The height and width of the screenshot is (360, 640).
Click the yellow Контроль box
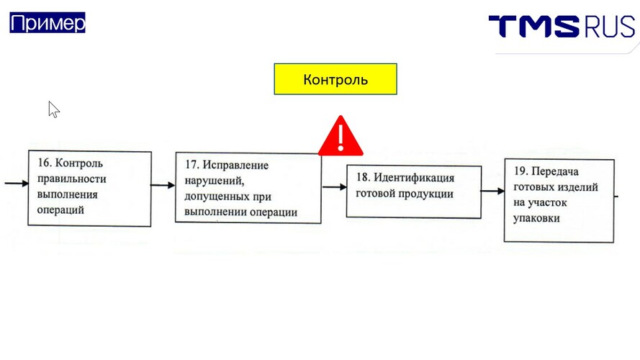pos(335,79)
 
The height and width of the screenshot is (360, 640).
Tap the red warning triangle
pos(341,136)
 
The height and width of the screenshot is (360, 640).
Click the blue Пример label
pos(48,22)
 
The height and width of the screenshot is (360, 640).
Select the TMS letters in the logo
pos(534,27)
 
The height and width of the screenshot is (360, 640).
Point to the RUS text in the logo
pos(609,27)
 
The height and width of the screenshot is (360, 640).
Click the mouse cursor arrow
pos(54,109)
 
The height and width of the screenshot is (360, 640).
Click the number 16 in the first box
pos(44,163)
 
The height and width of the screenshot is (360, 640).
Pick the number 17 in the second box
pos(191,164)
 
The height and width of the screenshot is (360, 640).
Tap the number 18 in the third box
pos(363,177)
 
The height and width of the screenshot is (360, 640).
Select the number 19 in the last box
pos(520,171)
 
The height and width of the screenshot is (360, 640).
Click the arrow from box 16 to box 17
pos(163,185)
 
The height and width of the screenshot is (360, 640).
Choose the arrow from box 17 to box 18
pos(334,187)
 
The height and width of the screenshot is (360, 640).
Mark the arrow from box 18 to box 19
pos(492,191)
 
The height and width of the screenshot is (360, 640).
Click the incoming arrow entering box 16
pos(17,184)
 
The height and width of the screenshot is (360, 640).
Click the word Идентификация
pos(414,178)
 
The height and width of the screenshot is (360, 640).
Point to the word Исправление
pos(235,165)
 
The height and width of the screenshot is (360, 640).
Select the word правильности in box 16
pos(71,179)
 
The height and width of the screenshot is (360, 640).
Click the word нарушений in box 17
pos(214,181)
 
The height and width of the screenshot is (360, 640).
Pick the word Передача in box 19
pos(555,171)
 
